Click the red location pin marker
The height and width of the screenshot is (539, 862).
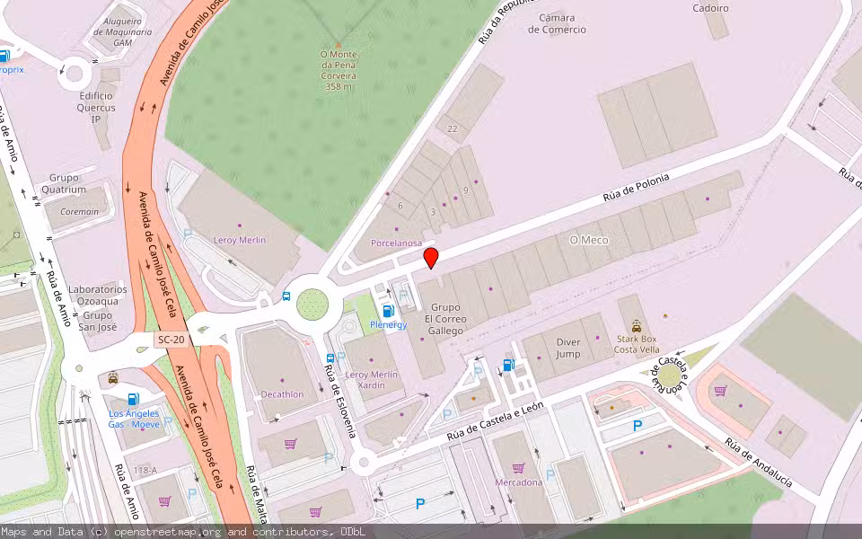(x=431, y=258)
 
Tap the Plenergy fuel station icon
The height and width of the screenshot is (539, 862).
(x=389, y=310)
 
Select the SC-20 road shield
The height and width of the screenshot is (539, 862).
(x=170, y=340)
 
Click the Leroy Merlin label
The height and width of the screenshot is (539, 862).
(x=240, y=240)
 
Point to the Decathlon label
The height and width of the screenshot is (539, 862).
(x=282, y=393)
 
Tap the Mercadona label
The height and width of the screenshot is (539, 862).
(x=519, y=482)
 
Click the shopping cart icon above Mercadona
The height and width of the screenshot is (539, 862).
(x=518, y=468)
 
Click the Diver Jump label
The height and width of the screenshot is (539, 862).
(x=568, y=348)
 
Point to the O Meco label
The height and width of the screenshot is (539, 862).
(x=589, y=240)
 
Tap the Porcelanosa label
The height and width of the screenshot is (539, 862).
(x=396, y=243)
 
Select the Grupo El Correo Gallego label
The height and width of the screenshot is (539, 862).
(x=445, y=319)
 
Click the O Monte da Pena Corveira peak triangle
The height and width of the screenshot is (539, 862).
(x=339, y=43)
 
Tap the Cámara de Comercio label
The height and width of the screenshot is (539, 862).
(x=557, y=23)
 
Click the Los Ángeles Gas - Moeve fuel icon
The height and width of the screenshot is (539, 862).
(x=134, y=399)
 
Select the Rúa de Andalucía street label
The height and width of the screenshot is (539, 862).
(x=759, y=463)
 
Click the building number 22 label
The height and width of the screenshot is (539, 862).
(x=453, y=129)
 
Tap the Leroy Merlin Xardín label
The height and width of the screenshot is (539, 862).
(x=365, y=379)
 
